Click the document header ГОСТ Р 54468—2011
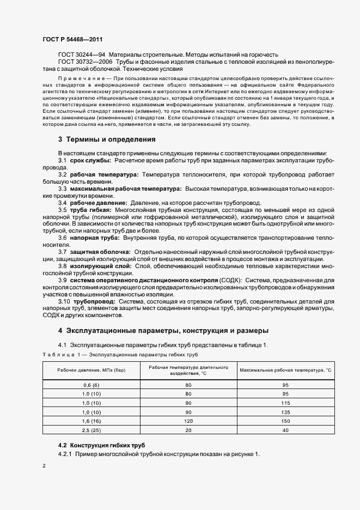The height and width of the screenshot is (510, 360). (72, 39)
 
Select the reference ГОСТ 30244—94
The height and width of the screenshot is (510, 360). (81, 55)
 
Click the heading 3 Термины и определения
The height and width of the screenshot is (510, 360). (107, 139)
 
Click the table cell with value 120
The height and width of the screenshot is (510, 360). (188, 422)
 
